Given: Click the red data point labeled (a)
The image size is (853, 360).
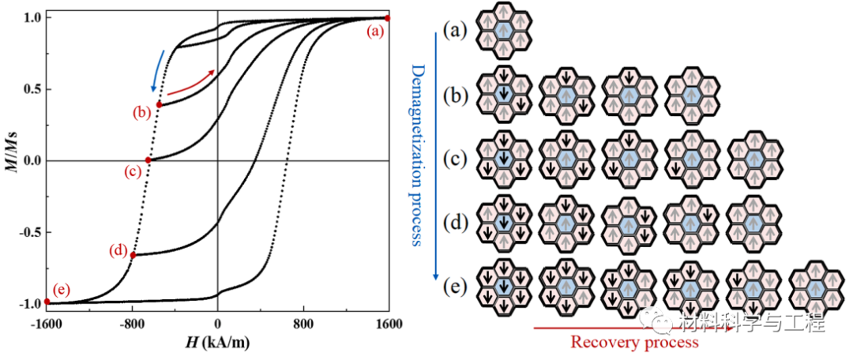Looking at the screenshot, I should [387, 17].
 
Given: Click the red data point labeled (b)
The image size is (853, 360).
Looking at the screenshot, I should [159, 104].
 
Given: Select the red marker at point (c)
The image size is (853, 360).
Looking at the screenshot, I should [148, 160].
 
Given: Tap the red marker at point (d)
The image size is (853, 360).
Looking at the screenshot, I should [133, 255].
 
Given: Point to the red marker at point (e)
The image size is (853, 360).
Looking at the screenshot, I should [47, 301].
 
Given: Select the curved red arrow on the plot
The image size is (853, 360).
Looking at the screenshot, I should [195, 82].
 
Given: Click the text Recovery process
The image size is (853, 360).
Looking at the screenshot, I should [634, 342].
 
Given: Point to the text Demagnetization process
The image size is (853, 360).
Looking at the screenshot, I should [419, 154].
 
